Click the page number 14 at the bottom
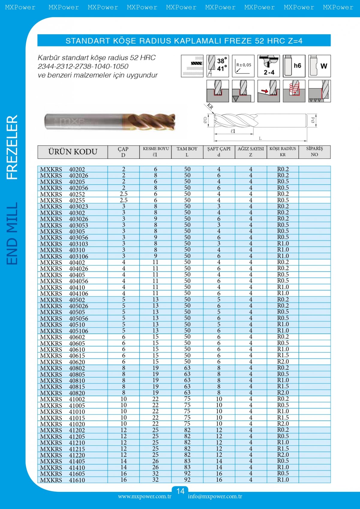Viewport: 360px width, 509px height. [x=180, y=491]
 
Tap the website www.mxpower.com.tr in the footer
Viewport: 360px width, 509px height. [x=145, y=496]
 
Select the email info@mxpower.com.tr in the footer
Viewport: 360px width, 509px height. [x=215, y=496]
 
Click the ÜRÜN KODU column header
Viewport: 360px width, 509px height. [x=73, y=152]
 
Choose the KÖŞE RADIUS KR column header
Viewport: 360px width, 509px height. [x=283, y=152]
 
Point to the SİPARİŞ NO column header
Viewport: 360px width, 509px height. [x=314, y=152]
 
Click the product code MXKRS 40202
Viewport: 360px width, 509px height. [x=62, y=169]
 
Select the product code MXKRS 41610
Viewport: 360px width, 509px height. [x=62, y=480]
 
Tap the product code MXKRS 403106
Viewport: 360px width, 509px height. [x=64, y=256]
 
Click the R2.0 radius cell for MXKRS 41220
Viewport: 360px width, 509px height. [x=283, y=455]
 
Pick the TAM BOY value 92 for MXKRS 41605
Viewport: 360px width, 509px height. [x=187, y=474]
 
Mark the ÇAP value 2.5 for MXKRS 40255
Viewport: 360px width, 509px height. [x=124, y=200]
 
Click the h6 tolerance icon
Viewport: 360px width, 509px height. [x=294, y=66]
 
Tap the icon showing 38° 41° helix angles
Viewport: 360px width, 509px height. [x=217, y=66]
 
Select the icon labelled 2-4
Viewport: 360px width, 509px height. [x=269, y=66]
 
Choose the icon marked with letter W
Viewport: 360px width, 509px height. [x=319, y=66]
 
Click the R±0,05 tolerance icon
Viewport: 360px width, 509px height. [x=243, y=66]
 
